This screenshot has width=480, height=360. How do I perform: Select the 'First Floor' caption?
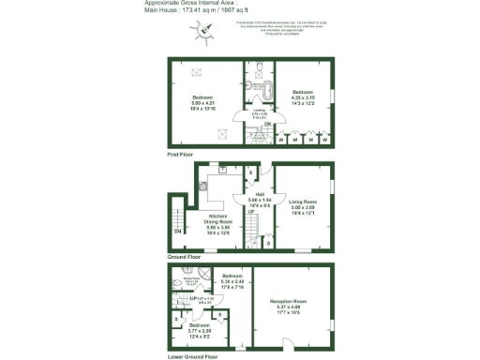click(x=184, y=153)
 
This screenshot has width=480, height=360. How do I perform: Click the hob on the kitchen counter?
click(x=202, y=186)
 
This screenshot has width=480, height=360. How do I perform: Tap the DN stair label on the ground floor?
click(x=177, y=232)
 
